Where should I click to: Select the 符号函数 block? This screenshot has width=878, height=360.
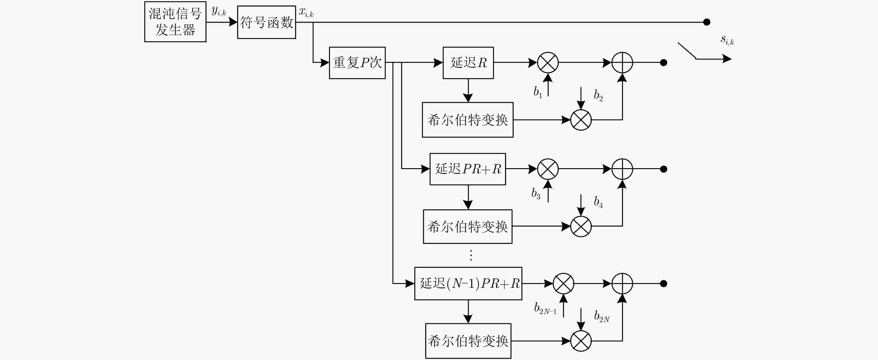[x=267, y=22]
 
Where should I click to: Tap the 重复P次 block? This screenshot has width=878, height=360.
[x=357, y=63]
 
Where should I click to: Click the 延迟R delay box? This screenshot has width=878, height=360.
[x=468, y=63]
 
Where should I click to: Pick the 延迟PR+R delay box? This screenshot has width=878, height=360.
[x=468, y=169]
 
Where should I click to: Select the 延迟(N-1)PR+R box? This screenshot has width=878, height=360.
[x=468, y=284]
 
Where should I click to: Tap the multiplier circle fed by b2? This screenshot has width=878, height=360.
[x=581, y=120]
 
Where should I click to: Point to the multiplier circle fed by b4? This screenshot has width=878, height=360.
[x=581, y=226]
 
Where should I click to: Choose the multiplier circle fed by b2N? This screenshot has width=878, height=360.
[x=581, y=341]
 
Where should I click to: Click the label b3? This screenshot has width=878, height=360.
[x=536, y=194]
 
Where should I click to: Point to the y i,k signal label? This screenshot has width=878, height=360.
[x=219, y=11]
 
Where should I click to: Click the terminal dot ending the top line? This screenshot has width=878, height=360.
[x=707, y=22]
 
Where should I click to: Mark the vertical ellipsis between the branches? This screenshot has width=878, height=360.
[x=471, y=255]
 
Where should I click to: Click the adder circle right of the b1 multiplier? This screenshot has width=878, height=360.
[x=622, y=63]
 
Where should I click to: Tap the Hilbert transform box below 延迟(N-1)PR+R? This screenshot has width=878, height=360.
[x=468, y=341]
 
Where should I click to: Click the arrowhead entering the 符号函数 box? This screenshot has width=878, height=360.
[x=233, y=22]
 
